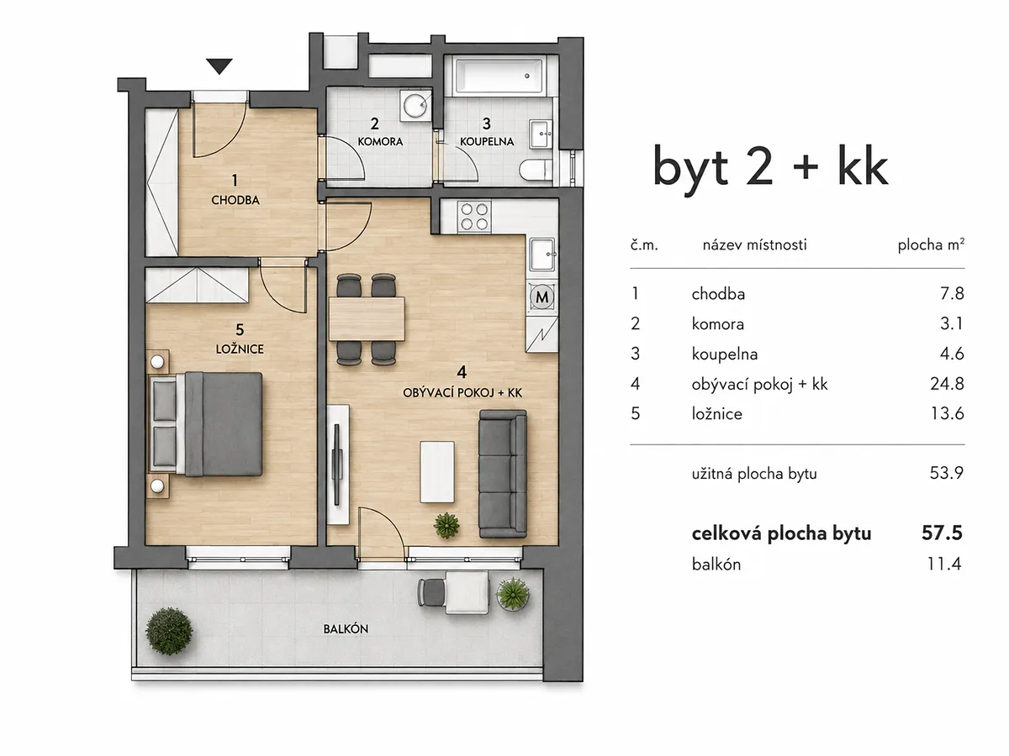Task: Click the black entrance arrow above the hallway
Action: tap(219, 66)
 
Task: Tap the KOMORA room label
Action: tap(380, 141)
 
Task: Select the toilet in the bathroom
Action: tap(536, 171)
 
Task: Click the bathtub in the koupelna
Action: tap(499, 76)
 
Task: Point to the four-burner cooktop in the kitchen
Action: tap(474, 216)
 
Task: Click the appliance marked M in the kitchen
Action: tap(542, 297)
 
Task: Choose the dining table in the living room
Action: tap(367, 319)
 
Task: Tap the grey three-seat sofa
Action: tap(503, 474)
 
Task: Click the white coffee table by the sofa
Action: tap(437, 472)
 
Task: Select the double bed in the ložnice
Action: tap(205, 424)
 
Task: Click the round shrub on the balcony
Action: tap(169, 631)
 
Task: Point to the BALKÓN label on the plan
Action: tap(346, 629)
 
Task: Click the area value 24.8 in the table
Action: tap(947, 383)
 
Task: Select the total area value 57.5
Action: tap(942, 533)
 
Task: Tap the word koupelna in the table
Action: tap(725, 354)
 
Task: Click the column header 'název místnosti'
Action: tap(754, 244)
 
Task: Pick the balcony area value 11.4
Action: tap(944, 564)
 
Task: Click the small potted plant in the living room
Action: tap(446, 526)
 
